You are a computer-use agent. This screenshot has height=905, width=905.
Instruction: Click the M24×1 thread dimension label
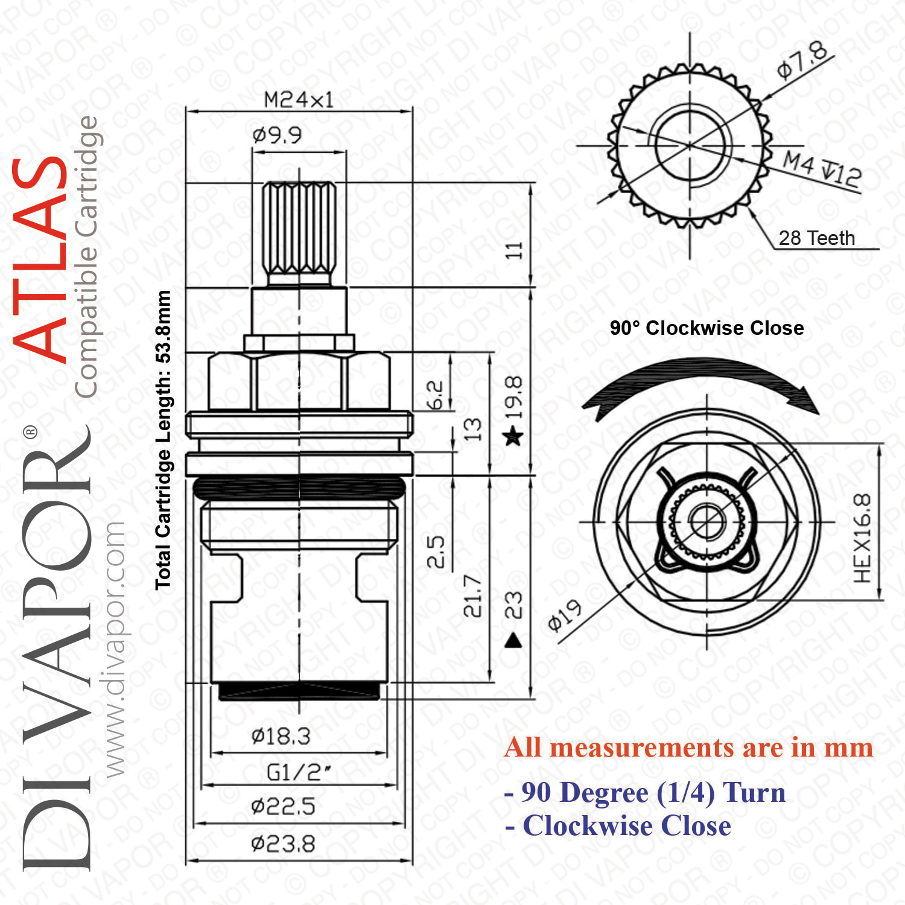pos(299,100)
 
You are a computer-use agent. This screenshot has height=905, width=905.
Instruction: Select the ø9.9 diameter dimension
pos(277,135)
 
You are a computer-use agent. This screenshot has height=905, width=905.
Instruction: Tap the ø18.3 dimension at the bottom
pos(281,736)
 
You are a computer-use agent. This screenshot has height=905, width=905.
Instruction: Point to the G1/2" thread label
pos(299,772)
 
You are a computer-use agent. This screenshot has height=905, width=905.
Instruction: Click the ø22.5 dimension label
pos(283,806)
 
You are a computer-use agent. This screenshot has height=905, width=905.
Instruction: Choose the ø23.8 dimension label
pos(283,843)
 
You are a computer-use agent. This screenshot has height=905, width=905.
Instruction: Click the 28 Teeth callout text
pos(817,238)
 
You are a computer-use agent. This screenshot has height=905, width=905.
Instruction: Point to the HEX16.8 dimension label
pos(863,538)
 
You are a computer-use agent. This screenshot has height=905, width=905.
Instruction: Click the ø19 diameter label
pos(565,616)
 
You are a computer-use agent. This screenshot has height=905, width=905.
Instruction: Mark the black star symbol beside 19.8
pos(513,435)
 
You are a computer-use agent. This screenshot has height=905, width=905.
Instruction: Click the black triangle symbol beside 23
pos(513,640)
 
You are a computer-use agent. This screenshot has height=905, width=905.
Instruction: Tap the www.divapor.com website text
pos(114,649)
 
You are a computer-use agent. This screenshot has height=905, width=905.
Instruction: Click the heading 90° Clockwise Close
pos(707,328)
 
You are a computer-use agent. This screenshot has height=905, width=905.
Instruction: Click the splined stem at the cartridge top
pos(299,232)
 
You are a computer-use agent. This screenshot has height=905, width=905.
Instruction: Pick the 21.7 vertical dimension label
pos(473,595)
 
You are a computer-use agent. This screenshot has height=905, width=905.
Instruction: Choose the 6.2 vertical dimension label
pos(435,395)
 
